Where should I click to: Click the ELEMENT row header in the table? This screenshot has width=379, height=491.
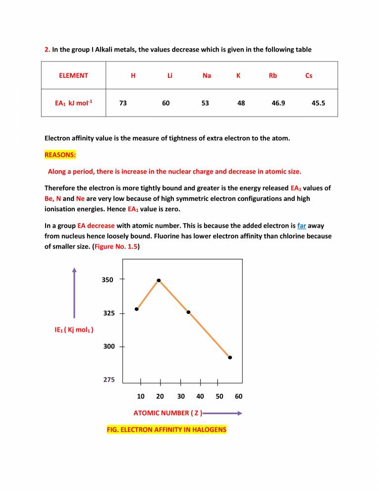click(73, 76)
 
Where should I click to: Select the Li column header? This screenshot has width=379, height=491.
click(169, 76)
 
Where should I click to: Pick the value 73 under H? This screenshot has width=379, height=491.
click(124, 103)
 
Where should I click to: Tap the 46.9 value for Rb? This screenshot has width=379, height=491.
click(278, 103)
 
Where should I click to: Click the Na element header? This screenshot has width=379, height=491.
click(207, 76)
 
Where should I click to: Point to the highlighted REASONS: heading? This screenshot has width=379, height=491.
click(60, 155)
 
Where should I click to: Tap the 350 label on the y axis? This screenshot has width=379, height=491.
click(108, 280)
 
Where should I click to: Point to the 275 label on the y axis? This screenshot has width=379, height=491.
click(109, 380)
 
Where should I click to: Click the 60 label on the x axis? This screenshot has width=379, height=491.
click(238, 396)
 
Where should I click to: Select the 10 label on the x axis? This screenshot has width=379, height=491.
click(141, 396)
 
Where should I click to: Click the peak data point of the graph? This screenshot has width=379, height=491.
click(159, 280)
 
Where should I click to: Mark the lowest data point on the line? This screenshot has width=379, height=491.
click(230, 357)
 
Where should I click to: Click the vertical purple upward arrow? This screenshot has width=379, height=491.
click(74, 293)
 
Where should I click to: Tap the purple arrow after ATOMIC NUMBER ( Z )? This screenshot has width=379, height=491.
click(223, 413)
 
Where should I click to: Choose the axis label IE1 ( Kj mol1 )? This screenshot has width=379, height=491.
click(75, 330)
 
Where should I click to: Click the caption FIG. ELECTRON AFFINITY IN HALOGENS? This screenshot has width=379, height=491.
click(166, 429)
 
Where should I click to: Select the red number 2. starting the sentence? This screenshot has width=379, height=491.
click(47, 50)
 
